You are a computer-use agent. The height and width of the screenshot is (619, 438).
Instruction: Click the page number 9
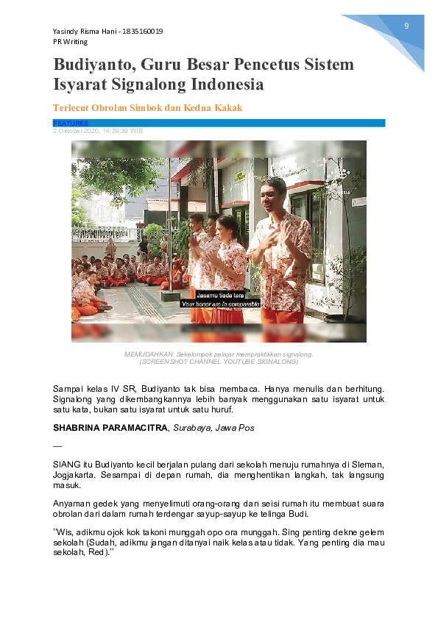[406, 26]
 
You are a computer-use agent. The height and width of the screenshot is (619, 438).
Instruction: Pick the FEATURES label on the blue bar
[71, 124]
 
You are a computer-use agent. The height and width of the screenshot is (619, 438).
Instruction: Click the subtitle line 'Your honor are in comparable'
[219, 303]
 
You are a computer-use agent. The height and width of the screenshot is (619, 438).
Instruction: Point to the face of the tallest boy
[275, 193]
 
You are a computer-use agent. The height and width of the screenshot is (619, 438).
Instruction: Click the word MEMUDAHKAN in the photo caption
[144, 354]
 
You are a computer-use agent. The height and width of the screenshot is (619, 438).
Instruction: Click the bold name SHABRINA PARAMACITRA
[110, 427]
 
